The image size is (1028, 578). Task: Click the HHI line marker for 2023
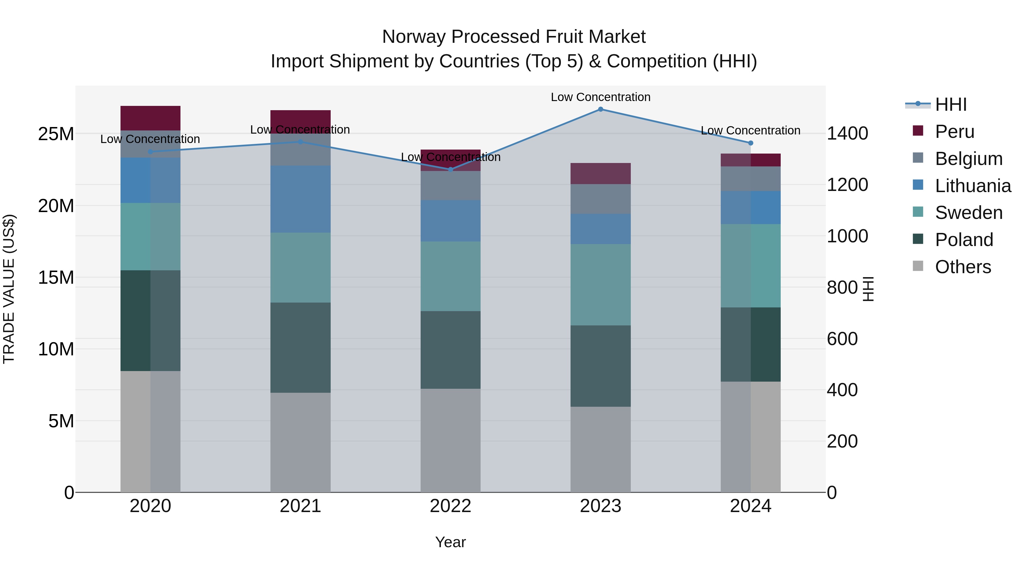(600, 109)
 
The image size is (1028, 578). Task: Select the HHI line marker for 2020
(150, 152)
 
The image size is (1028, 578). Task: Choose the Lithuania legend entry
(973, 186)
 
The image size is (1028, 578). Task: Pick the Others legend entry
(963, 267)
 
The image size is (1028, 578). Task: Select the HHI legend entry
(951, 104)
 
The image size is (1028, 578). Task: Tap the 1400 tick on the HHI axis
(847, 133)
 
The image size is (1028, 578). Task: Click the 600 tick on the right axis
(842, 339)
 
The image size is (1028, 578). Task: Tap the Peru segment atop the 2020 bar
(150, 118)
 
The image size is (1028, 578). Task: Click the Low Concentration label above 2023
(600, 97)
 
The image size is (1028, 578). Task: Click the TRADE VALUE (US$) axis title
(9, 289)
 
